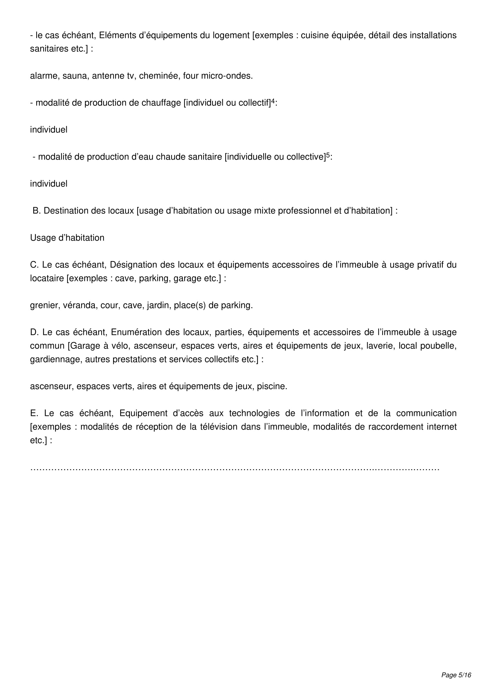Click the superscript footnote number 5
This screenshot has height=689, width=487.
click(328, 155)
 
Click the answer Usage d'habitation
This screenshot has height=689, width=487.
click(67, 238)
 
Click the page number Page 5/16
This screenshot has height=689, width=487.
click(456, 675)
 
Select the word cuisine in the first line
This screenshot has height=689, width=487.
click(314, 35)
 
